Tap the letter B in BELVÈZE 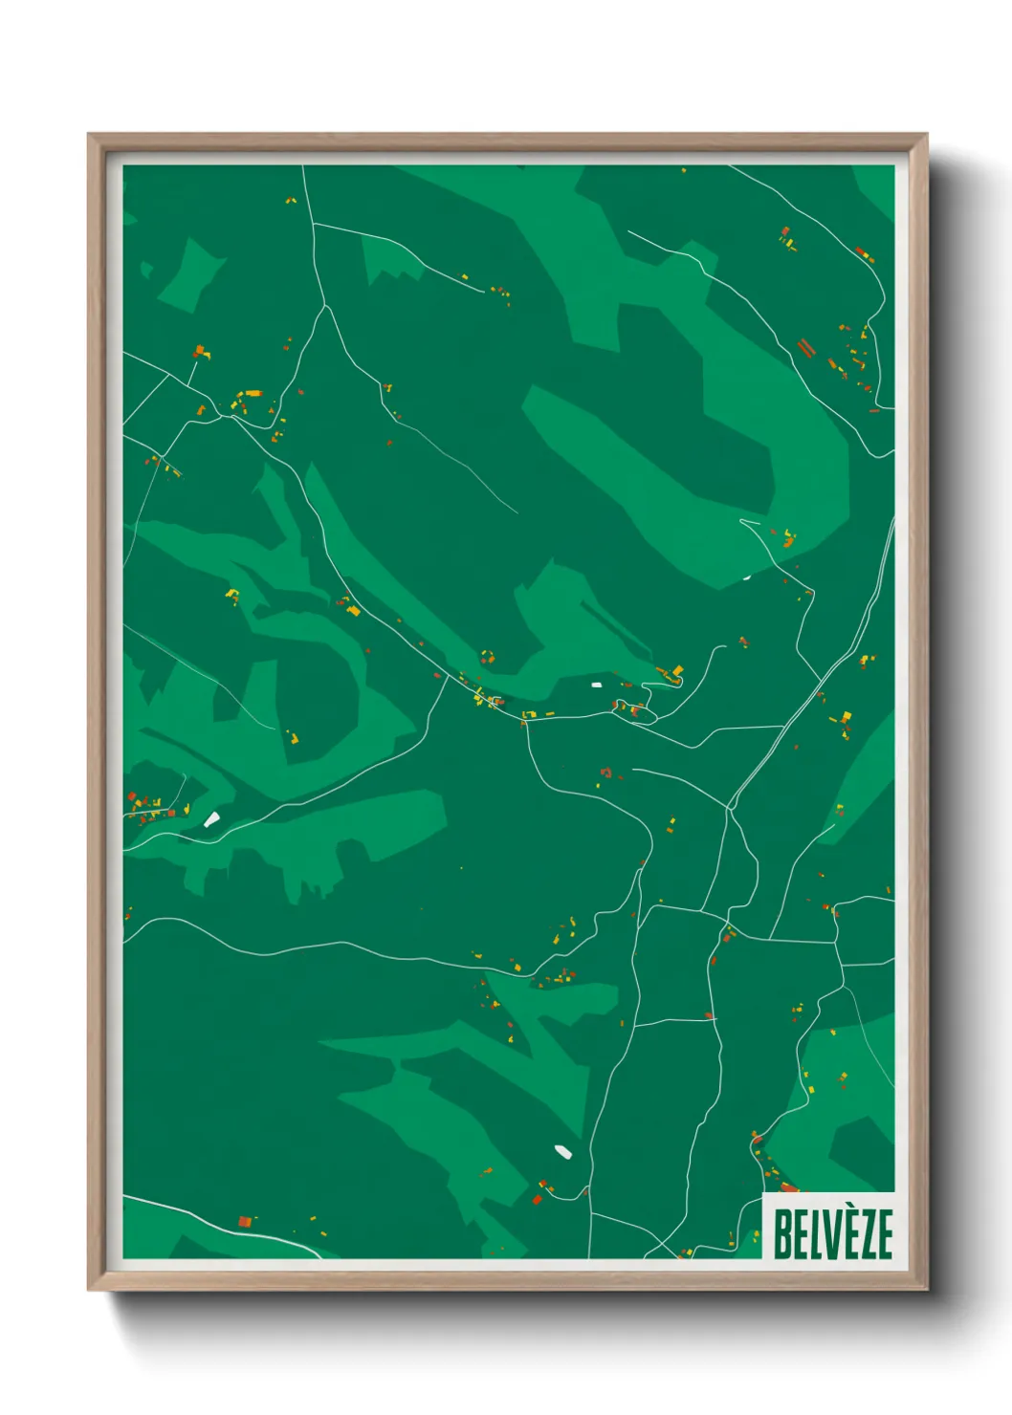(781, 1233)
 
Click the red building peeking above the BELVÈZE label (790, 1188)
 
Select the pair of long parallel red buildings (805, 347)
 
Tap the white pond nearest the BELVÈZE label (562, 1150)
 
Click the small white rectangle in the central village (597, 685)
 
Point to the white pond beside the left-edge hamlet (211, 818)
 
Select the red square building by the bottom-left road (245, 1221)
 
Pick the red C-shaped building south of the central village (605, 772)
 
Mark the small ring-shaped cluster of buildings (487, 657)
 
